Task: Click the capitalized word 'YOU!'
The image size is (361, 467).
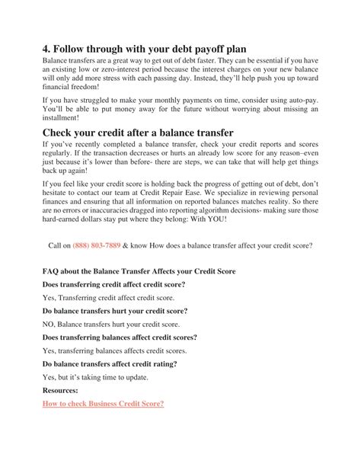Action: [x=237, y=219]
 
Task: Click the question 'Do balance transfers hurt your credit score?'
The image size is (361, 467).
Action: [x=114, y=311]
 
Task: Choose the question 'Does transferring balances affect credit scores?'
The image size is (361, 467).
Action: [x=120, y=337]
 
